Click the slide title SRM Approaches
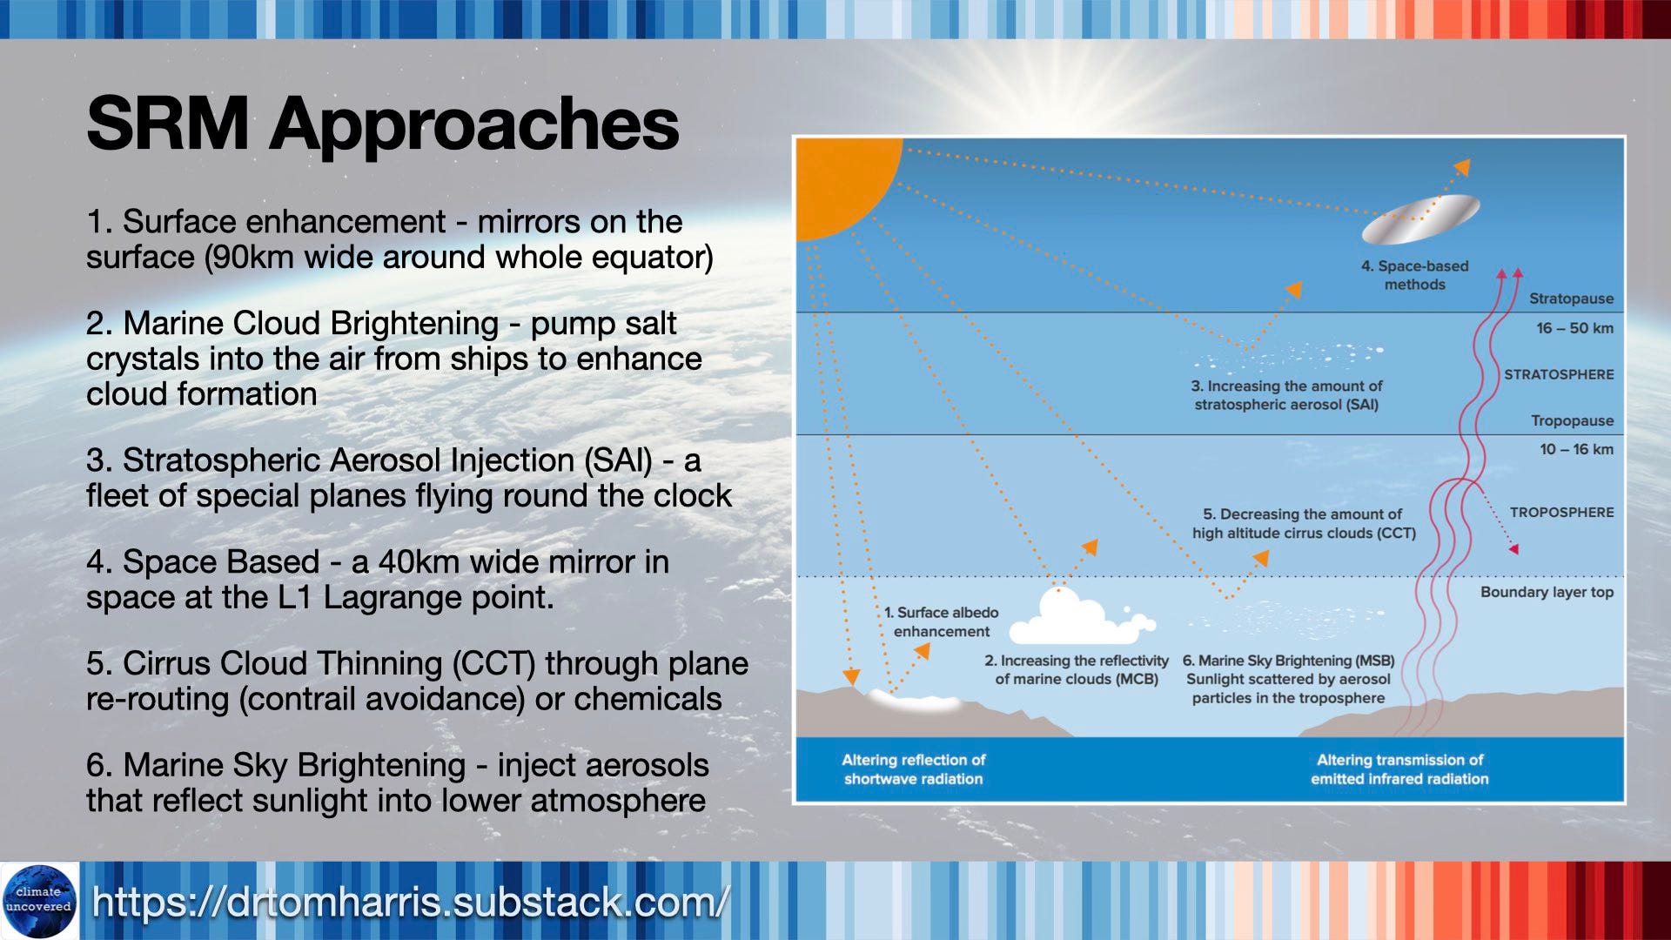tap(382, 124)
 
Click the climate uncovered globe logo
tap(39, 901)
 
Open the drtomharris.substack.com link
tap(410, 902)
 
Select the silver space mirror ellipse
tap(1420, 218)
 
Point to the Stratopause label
tap(1571, 299)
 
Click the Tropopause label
tap(1572, 420)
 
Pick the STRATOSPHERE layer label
tap(1559, 374)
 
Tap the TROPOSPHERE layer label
tap(1561, 513)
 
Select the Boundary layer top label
tap(1547, 592)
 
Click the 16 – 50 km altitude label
tap(1574, 328)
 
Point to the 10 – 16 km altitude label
tap(1576, 449)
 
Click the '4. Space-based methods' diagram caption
tap(1414, 275)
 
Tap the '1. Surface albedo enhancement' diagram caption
tap(941, 621)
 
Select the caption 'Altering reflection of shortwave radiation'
tap(913, 769)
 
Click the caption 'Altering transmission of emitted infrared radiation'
tap(1399, 769)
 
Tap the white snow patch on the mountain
tap(914, 702)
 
